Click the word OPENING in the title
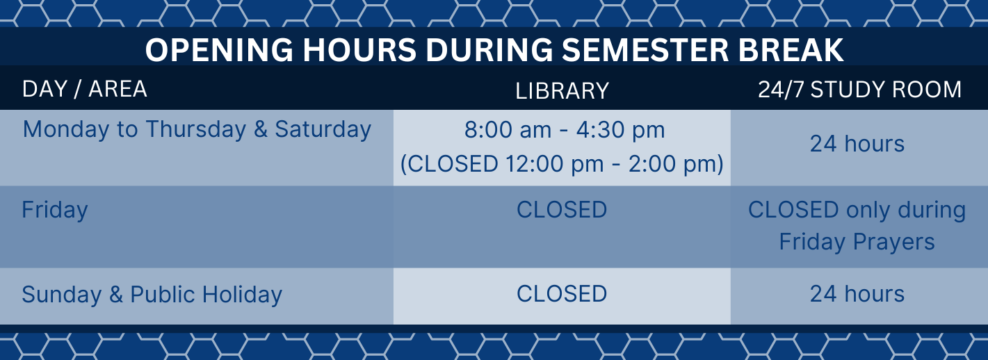(x=219, y=49)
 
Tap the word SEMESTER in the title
(x=645, y=49)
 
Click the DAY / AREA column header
(x=84, y=89)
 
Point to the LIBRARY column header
(x=562, y=91)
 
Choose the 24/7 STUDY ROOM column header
(x=859, y=90)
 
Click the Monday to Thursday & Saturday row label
(x=197, y=130)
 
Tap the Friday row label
(x=55, y=210)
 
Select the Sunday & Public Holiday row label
(x=152, y=295)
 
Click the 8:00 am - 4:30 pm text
(x=565, y=130)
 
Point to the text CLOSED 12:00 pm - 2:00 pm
(x=562, y=164)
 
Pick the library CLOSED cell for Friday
(x=562, y=210)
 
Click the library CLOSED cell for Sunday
(x=562, y=294)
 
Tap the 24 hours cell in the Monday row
(x=857, y=144)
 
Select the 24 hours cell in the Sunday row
(x=857, y=294)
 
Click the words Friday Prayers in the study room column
(x=857, y=243)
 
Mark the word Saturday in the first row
(x=323, y=130)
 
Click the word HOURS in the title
(x=359, y=49)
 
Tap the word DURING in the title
(x=489, y=49)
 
